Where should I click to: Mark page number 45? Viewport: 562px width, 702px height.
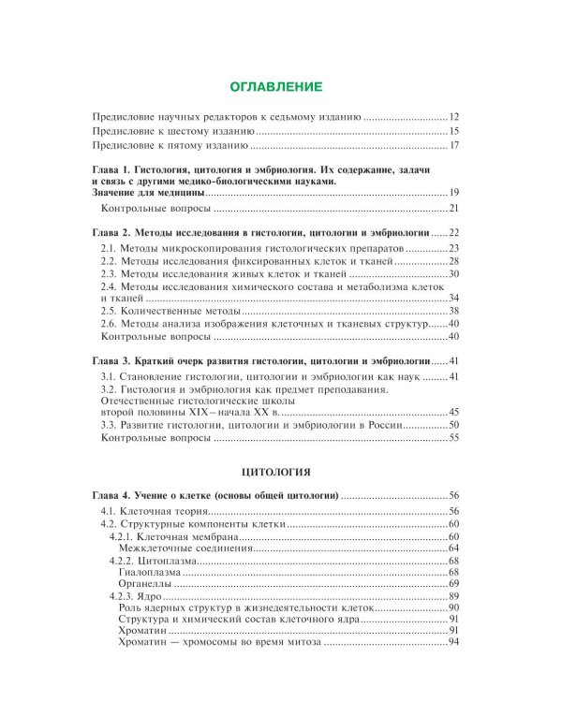click(x=453, y=411)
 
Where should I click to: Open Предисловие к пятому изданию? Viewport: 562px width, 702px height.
click(x=170, y=145)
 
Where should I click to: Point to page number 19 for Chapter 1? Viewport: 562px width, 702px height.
click(x=453, y=192)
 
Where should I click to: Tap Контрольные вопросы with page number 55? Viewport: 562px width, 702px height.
click(x=155, y=437)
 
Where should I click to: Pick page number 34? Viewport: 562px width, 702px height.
click(x=453, y=298)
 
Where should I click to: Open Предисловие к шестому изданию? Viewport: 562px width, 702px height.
click(x=172, y=131)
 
